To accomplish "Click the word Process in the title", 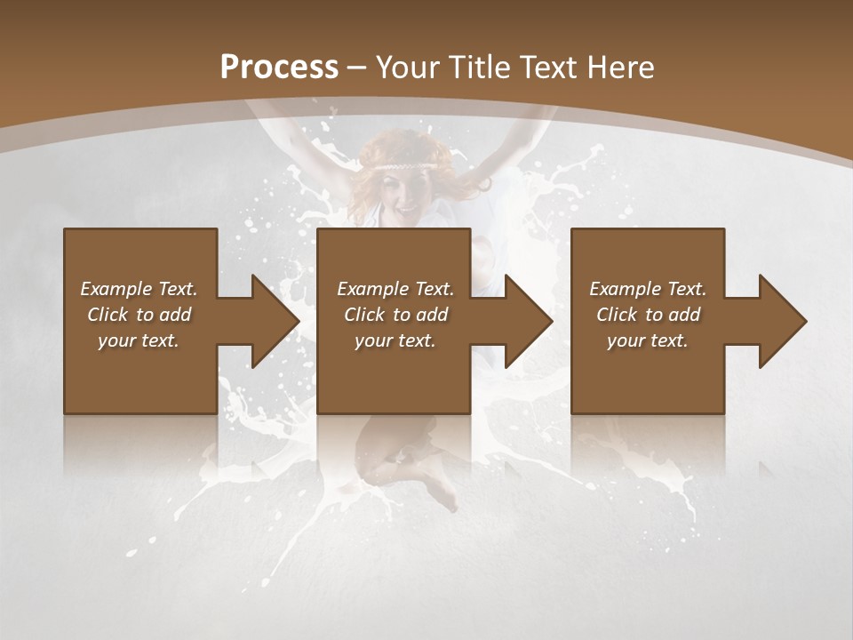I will click(x=279, y=68).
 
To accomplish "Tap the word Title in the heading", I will click(x=478, y=68).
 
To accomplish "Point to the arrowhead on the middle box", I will click(x=528, y=321).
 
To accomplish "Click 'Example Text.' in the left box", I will click(x=140, y=289).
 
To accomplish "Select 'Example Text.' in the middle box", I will click(x=395, y=289).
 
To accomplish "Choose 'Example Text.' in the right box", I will click(x=648, y=289).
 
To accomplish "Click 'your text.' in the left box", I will click(x=140, y=340).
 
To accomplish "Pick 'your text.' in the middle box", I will click(x=395, y=340).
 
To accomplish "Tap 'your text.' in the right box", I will click(x=648, y=340).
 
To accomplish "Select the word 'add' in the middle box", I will click(x=432, y=315).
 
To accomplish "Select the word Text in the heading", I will click(x=545, y=68).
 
